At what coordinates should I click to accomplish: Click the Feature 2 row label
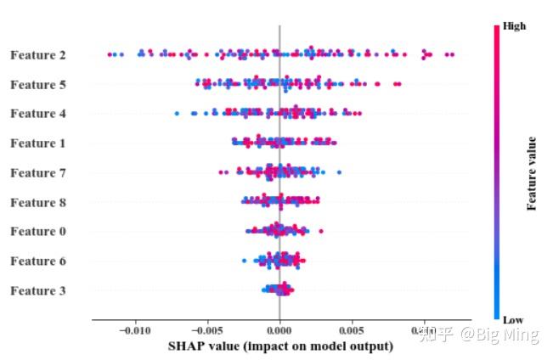(x=38, y=55)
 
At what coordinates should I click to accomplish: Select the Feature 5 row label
(x=38, y=85)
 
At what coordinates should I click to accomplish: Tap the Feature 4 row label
(x=38, y=114)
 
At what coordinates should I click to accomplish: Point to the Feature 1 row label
(x=38, y=143)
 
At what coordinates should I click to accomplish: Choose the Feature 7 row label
(x=38, y=173)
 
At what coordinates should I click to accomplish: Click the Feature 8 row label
(x=38, y=203)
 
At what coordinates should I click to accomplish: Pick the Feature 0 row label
(x=38, y=232)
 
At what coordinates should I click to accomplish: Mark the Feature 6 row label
(x=38, y=262)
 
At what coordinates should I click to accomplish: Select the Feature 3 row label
(x=38, y=291)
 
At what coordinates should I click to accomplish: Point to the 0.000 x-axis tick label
(x=279, y=329)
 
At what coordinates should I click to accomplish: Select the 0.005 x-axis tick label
(x=352, y=329)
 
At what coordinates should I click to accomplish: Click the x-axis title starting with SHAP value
(x=280, y=346)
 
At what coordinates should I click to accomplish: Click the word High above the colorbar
(x=514, y=26)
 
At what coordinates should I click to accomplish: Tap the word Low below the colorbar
(x=512, y=320)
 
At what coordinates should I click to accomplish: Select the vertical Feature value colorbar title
(x=532, y=173)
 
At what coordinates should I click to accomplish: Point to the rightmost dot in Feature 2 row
(x=452, y=55)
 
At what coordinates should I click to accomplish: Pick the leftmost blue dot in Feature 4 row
(x=177, y=113)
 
